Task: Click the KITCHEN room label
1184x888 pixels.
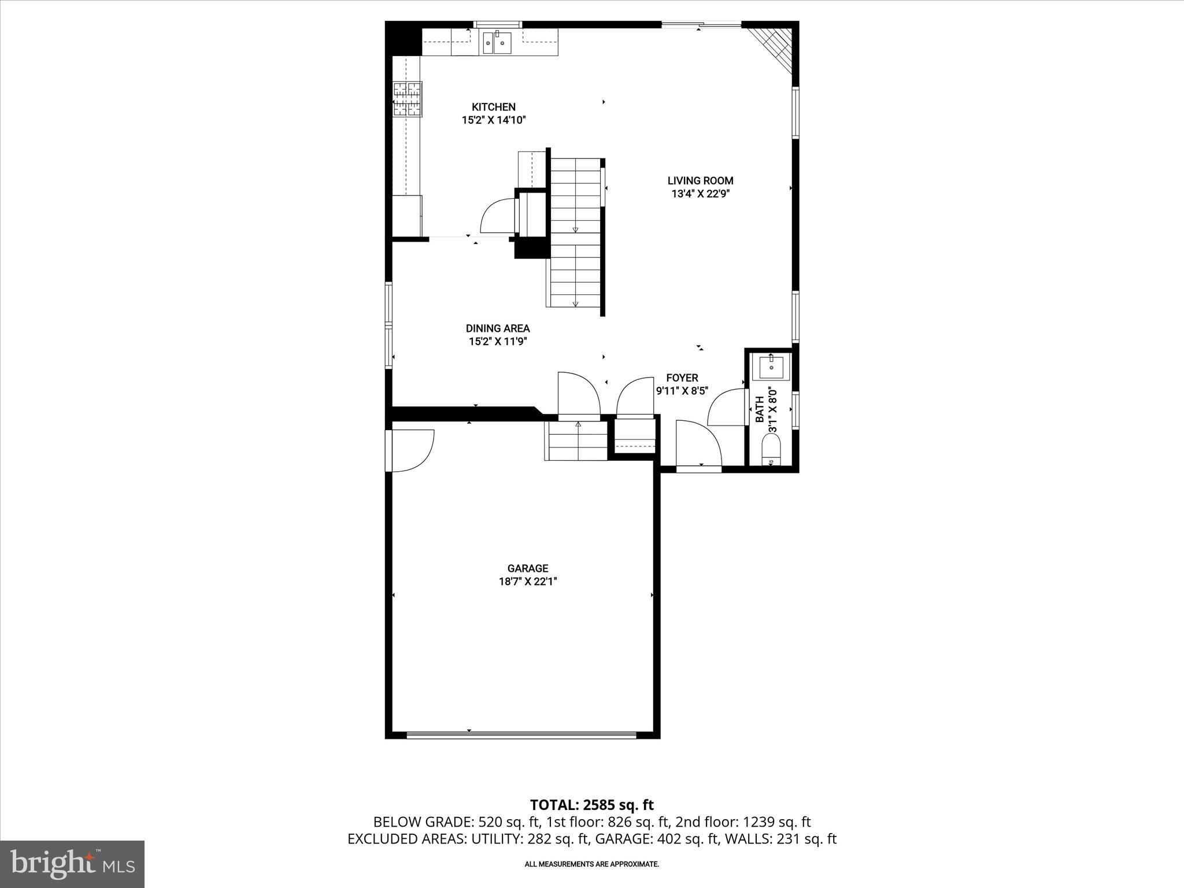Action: point(493,107)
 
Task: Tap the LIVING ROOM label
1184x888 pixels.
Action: point(700,181)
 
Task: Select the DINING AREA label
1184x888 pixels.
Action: point(498,328)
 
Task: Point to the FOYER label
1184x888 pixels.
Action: point(682,378)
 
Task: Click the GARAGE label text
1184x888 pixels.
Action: point(527,568)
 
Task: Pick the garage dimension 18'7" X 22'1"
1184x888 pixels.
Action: point(527,582)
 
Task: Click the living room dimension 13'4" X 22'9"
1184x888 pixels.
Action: point(700,194)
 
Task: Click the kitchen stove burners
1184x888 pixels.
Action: point(408,99)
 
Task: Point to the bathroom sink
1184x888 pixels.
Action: point(771,368)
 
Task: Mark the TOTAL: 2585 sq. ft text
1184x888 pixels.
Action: point(591,805)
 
